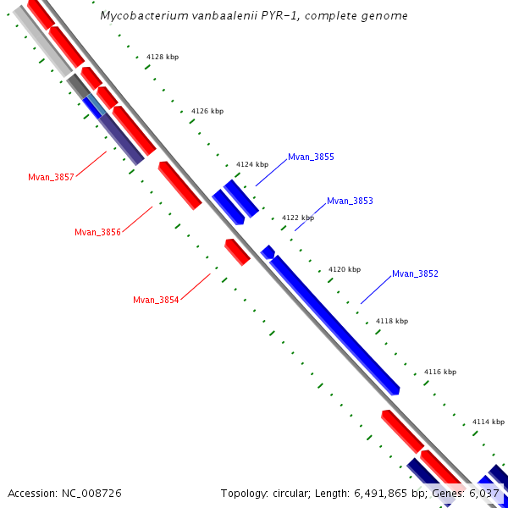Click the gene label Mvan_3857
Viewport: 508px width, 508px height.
[x=51, y=177]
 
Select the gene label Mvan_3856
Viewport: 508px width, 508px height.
[x=97, y=232]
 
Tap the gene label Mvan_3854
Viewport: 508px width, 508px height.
[x=156, y=300]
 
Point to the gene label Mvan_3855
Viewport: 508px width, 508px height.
[x=311, y=157]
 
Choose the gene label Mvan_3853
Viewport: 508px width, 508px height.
[x=350, y=201]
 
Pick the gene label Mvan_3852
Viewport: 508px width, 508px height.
[x=415, y=273]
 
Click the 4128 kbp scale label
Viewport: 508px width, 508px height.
[x=163, y=57]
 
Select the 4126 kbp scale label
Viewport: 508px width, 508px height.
[x=207, y=111]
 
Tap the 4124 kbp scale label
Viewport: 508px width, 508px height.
[x=252, y=164]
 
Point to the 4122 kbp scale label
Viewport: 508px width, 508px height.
[x=298, y=218]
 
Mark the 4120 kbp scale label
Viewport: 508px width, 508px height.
[x=345, y=269]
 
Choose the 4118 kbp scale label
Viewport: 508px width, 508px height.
[x=392, y=321]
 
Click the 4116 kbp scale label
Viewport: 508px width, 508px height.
[x=440, y=372]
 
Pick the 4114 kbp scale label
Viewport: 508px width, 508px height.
[x=489, y=422]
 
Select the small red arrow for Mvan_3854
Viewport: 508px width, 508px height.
[x=237, y=251]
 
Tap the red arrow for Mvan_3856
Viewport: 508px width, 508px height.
[x=180, y=185]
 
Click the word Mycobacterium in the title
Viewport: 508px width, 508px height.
[x=140, y=16]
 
